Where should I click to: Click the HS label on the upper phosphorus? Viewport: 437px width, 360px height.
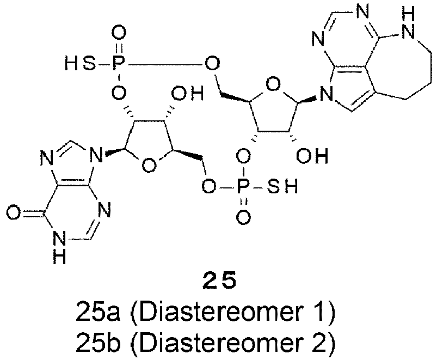click(x=79, y=63)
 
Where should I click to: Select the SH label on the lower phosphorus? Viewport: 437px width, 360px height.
click(x=282, y=186)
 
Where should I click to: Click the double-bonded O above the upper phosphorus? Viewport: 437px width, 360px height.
click(x=119, y=33)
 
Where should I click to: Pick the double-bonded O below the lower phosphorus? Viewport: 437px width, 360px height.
click(x=243, y=217)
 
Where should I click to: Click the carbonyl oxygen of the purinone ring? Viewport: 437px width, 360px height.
click(x=14, y=213)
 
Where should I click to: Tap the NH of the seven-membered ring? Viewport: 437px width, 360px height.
click(x=408, y=24)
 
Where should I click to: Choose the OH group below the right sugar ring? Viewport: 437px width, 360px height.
click(x=312, y=155)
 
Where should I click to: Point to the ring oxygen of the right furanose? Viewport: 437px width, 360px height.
click(x=273, y=84)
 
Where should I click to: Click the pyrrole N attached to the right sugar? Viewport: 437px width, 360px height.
click(x=327, y=94)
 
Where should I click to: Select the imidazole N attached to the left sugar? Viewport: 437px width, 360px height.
click(x=96, y=156)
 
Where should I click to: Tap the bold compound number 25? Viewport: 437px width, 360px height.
click(x=220, y=280)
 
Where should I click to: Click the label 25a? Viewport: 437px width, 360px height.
click(x=98, y=312)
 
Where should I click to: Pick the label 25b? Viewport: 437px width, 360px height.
click(x=98, y=341)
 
